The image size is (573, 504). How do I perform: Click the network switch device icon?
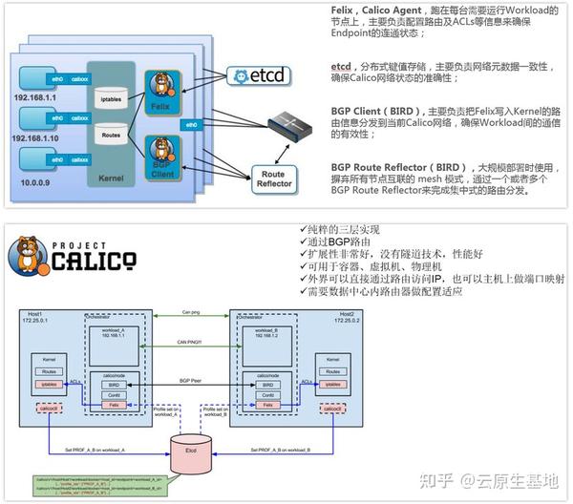[x=294, y=121]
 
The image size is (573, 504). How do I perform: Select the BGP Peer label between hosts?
[x=192, y=380]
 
